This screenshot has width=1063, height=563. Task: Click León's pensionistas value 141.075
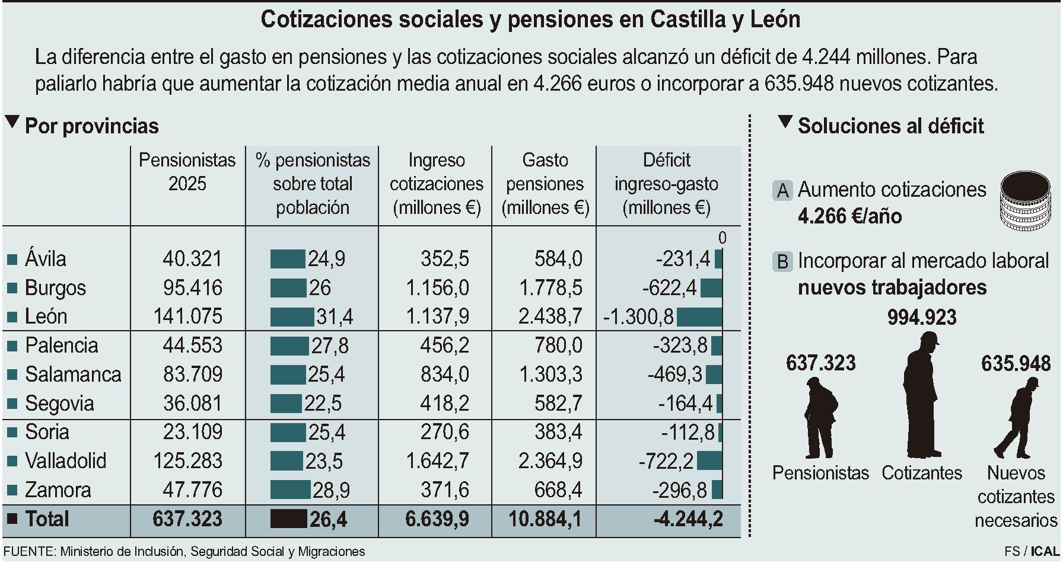click(x=187, y=316)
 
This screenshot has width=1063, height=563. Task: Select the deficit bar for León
click(x=699, y=317)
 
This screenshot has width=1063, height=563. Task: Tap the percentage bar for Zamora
click(x=290, y=490)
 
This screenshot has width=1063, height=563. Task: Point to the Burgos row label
click(x=55, y=288)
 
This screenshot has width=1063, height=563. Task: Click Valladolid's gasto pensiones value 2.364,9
click(x=550, y=461)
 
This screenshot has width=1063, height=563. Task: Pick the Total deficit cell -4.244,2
click(x=688, y=519)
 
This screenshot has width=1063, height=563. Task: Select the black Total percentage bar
click(x=288, y=519)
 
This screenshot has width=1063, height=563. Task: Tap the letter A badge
click(x=783, y=191)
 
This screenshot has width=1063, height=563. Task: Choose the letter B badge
click(x=783, y=261)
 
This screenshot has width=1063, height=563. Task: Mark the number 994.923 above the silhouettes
click(x=922, y=318)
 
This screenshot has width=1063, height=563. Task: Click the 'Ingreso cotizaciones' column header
click(x=436, y=184)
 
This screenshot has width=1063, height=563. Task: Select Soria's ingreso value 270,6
click(x=444, y=432)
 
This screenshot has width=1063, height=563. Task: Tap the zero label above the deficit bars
click(x=722, y=238)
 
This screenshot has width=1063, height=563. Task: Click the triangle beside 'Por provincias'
click(x=11, y=123)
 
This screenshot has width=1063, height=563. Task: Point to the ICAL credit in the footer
click(x=1044, y=551)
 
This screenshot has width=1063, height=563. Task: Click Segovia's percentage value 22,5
click(x=323, y=404)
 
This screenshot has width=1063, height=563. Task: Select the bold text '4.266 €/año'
click(x=849, y=216)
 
